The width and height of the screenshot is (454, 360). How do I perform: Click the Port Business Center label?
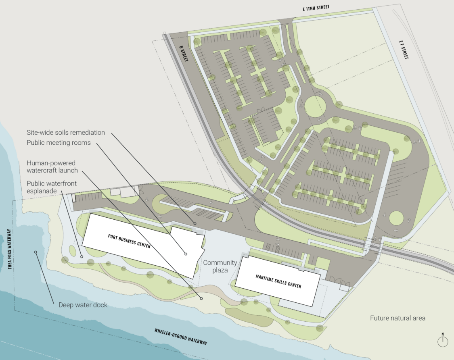point(129,241)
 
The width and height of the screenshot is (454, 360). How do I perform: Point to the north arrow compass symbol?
point(443,341)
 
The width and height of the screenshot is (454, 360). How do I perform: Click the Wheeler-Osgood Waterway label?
point(181,337)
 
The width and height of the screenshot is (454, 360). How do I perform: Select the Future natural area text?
point(398,318)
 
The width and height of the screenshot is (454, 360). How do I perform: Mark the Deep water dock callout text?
point(83,305)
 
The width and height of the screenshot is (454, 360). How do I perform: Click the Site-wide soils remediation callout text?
point(66,132)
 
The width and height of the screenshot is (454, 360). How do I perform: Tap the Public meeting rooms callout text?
point(59,142)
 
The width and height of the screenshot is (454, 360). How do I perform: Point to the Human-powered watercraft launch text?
point(52,166)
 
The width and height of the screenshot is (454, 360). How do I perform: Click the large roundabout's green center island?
point(315,106)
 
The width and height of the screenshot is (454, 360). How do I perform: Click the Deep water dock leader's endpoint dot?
point(36,252)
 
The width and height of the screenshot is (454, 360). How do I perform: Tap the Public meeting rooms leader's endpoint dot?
point(186,254)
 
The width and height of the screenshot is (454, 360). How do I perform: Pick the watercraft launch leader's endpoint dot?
point(201,298)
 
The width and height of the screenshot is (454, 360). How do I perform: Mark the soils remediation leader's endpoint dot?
point(195,223)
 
